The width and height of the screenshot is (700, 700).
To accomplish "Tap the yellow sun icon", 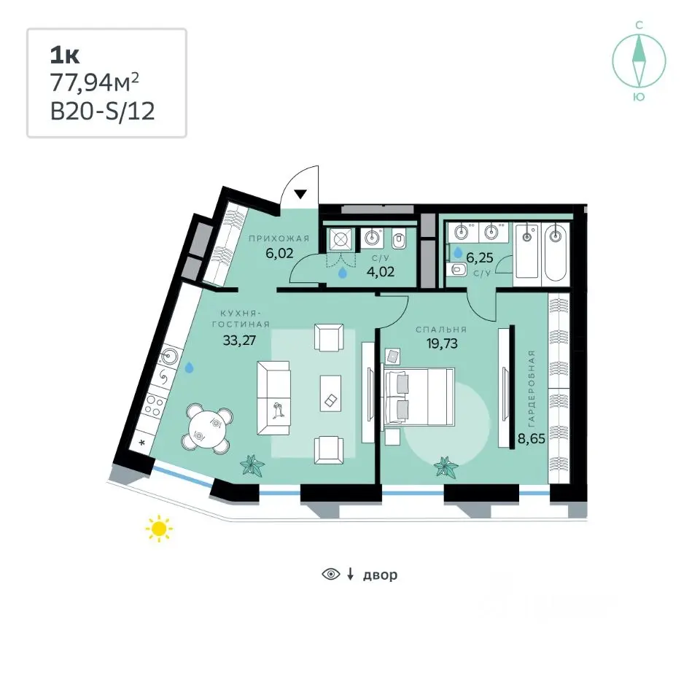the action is [159, 529].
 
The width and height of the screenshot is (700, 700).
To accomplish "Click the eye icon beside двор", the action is [331, 574].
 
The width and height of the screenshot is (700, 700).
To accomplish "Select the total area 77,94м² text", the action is [95, 82].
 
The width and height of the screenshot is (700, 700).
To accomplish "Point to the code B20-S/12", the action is [103, 111].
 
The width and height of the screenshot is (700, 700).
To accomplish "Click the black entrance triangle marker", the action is [300, 194].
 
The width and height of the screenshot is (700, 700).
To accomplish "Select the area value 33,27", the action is [239, 341].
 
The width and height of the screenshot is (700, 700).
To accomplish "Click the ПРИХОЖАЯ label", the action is [279, 238].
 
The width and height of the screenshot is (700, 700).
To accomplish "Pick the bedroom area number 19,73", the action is [442, 343].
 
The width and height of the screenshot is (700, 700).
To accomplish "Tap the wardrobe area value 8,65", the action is [532, 439].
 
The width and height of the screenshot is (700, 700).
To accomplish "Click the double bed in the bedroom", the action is [419, 397].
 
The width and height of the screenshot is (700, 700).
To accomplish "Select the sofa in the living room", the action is [273, 398].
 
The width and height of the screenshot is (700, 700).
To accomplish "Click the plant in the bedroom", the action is [446, 467].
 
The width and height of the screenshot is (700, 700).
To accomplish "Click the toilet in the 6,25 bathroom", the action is [456, 269].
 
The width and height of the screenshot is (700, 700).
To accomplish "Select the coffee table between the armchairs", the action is [331, 393].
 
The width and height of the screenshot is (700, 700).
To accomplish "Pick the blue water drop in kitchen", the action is [190, 367].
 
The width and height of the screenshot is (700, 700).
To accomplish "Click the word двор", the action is [380, 575].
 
